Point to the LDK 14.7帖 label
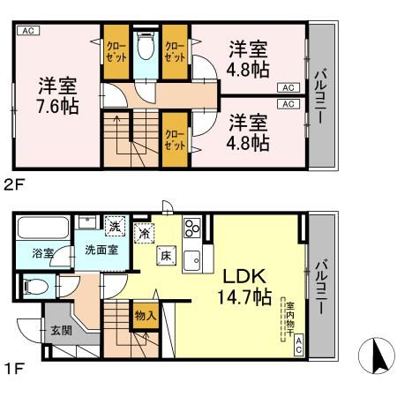pos(239,286)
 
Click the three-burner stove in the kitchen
pos(193,230)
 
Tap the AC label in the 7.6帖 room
pos(26,31)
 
